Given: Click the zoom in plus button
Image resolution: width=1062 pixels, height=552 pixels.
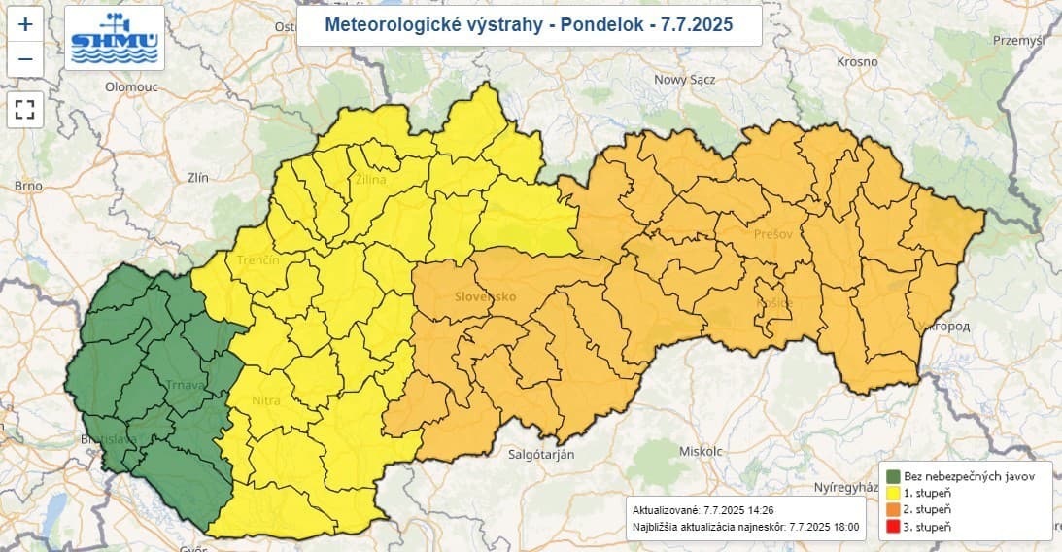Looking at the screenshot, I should (25, 25).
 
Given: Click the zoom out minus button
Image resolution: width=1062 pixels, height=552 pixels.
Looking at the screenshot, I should (25, 60).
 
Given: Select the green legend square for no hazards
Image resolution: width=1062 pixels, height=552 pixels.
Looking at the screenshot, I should (894, 476).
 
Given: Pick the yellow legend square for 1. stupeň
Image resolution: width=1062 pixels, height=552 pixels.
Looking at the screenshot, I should (894, 493).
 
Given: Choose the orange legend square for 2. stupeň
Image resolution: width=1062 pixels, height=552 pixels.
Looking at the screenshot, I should (894, 509).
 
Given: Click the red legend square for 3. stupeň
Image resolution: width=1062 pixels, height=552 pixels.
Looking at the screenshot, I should (894, 526).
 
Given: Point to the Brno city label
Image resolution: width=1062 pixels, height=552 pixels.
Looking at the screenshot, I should (28, 185).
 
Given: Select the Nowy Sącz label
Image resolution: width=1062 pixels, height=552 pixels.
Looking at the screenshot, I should (689, 80).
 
